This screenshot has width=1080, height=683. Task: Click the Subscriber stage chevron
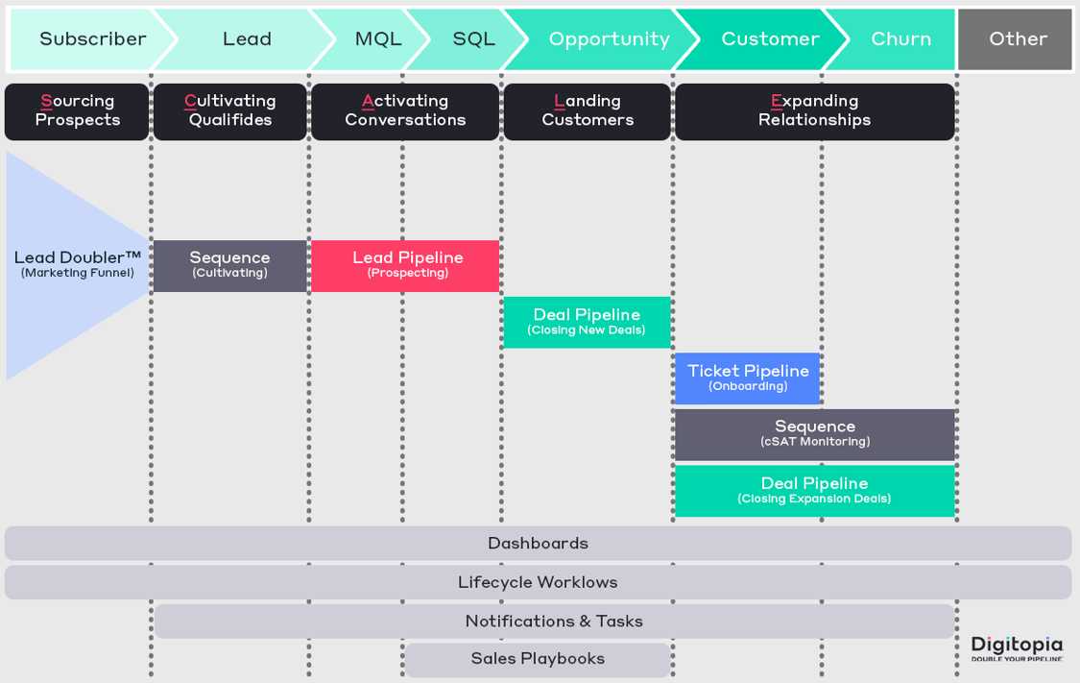(x=91, y=39)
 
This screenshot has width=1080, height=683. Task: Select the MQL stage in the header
(x=377, y=39)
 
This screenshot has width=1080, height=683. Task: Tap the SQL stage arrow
(x=473, y=39)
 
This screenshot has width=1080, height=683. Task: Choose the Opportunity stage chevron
(x=609, y=39)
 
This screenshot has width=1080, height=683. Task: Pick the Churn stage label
(x=900, y=39)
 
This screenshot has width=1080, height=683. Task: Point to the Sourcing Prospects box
(x=77, y=111)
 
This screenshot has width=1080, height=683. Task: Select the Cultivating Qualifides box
(x=229, y=111)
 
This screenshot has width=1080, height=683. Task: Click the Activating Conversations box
(x=404, y=111)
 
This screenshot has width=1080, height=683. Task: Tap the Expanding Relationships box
(x=814, y=111)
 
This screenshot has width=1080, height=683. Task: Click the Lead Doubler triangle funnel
(x=67, y=265)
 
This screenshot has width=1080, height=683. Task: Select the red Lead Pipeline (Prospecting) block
(x=404, y=266)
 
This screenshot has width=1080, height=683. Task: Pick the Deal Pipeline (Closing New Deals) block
(x=587, y=323)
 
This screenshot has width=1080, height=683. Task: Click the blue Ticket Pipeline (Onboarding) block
(x=747, y=378)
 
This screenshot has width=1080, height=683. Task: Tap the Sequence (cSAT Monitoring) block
(x=814, y=434)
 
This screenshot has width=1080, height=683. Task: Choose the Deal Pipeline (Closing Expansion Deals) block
(x=814, y=491)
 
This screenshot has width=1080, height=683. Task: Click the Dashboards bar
(x=538, y=544)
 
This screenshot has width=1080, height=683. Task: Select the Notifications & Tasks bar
(x=554, y=622)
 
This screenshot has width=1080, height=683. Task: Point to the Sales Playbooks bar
(x=537, y=660)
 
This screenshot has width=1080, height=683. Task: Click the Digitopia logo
(x=1017, y=647)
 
